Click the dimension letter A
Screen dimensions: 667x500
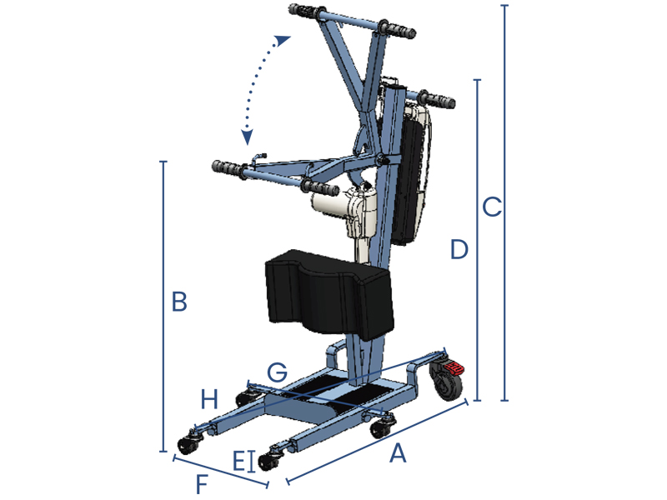[x=399, y=453]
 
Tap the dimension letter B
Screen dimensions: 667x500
[x=179, y=302]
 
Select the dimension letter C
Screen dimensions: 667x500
[x=492, y=207]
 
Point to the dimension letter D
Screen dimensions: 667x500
[x=459, y=249]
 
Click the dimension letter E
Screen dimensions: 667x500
[x=239, y=461]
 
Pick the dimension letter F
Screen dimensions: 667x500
[x=202, y=484]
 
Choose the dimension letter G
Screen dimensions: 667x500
[x=278, y=372]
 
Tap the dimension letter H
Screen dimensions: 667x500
[x=209, y=400]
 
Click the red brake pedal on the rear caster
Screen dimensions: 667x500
[x=454, y=367]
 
